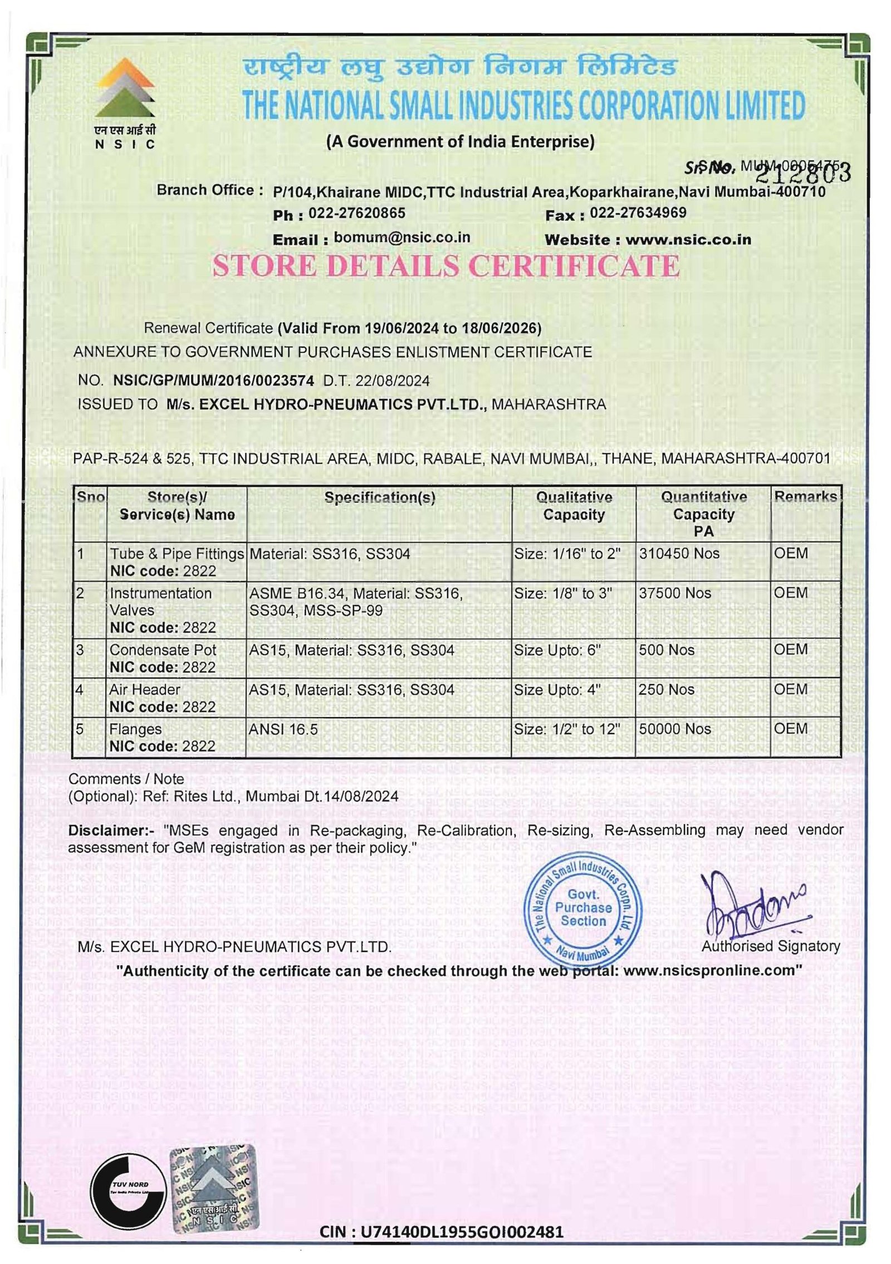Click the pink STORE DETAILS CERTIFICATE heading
(445, 265)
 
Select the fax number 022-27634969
(638, 213)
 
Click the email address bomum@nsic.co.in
(402, 238)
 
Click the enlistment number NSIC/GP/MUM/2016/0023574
(213, 380)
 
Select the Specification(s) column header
(379, 497)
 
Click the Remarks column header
(805, 496)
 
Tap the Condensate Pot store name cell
(163, 650)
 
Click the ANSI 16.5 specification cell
(283, 729)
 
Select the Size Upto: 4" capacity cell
(557, 690)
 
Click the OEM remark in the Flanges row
(790, 729)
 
